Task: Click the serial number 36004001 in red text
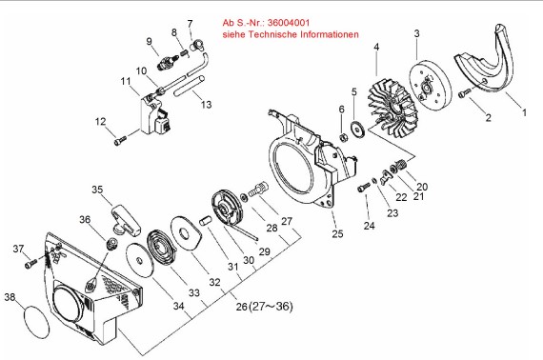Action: coord(289,23)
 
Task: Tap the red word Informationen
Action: coord(330,34)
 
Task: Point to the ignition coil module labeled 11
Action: coord(156,115)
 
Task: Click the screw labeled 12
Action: coord(120,141)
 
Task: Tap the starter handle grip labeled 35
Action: coord(126,220)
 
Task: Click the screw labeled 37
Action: coord(31,264)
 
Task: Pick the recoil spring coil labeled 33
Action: coord(162,249)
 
